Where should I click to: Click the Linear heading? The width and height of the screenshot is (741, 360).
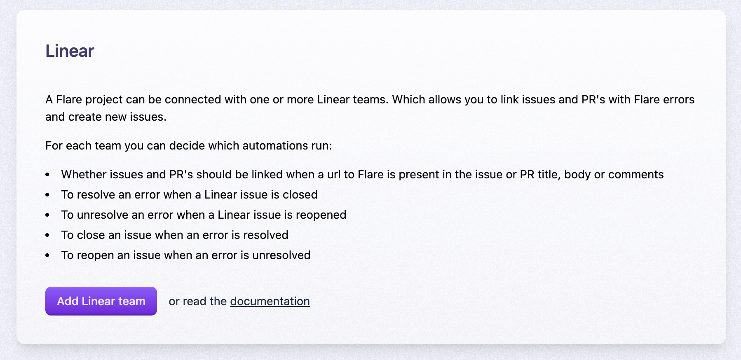(x=70, y=51)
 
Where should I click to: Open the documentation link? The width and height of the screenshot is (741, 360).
(x=270, y=302)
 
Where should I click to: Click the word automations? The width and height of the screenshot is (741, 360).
(x=275, y=146)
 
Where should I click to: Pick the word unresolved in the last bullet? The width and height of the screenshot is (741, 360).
(x=281, y=255)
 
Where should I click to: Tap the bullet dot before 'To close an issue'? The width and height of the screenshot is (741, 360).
(x=47, y=235)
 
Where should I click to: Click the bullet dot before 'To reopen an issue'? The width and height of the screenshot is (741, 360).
(x=47, y=255)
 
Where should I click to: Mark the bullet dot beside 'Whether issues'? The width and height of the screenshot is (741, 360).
(x=47, y=175)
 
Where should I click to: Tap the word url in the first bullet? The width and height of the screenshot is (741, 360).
(x=334, y=175)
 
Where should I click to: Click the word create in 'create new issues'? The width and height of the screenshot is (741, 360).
(x=85, y=117)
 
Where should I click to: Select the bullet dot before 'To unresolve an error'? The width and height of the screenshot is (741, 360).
(x=47, y=215)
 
